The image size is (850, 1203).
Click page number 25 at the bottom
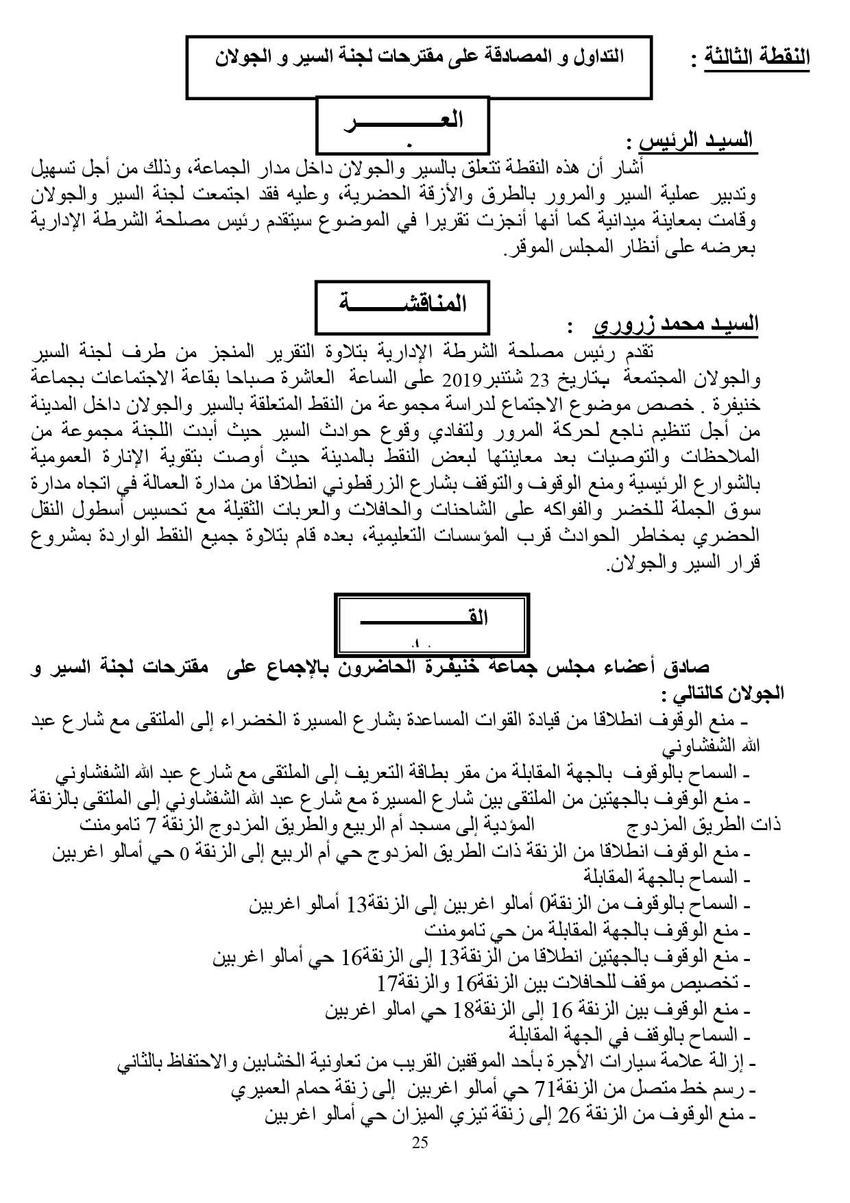pyautogui.click(x=421, y=1142)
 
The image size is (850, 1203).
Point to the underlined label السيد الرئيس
pyautogui.click(x=695, y=141)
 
